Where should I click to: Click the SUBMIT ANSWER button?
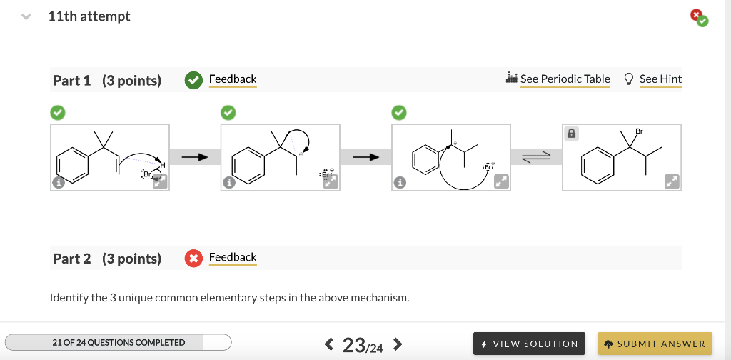(655, 344)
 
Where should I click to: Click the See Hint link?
(653, 79)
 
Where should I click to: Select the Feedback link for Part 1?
(232, 79)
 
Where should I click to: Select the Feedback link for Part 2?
(232, 257)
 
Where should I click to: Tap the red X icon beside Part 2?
(193, 259)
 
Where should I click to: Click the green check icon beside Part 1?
(193, 80)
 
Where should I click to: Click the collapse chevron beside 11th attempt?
(26, 16)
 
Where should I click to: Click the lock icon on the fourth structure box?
(572, 134)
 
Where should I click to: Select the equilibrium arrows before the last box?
(536, 159)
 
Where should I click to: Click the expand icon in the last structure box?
(672, 181)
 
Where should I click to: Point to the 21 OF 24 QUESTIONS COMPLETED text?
(119, 343)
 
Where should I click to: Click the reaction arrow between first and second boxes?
(194, 156)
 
